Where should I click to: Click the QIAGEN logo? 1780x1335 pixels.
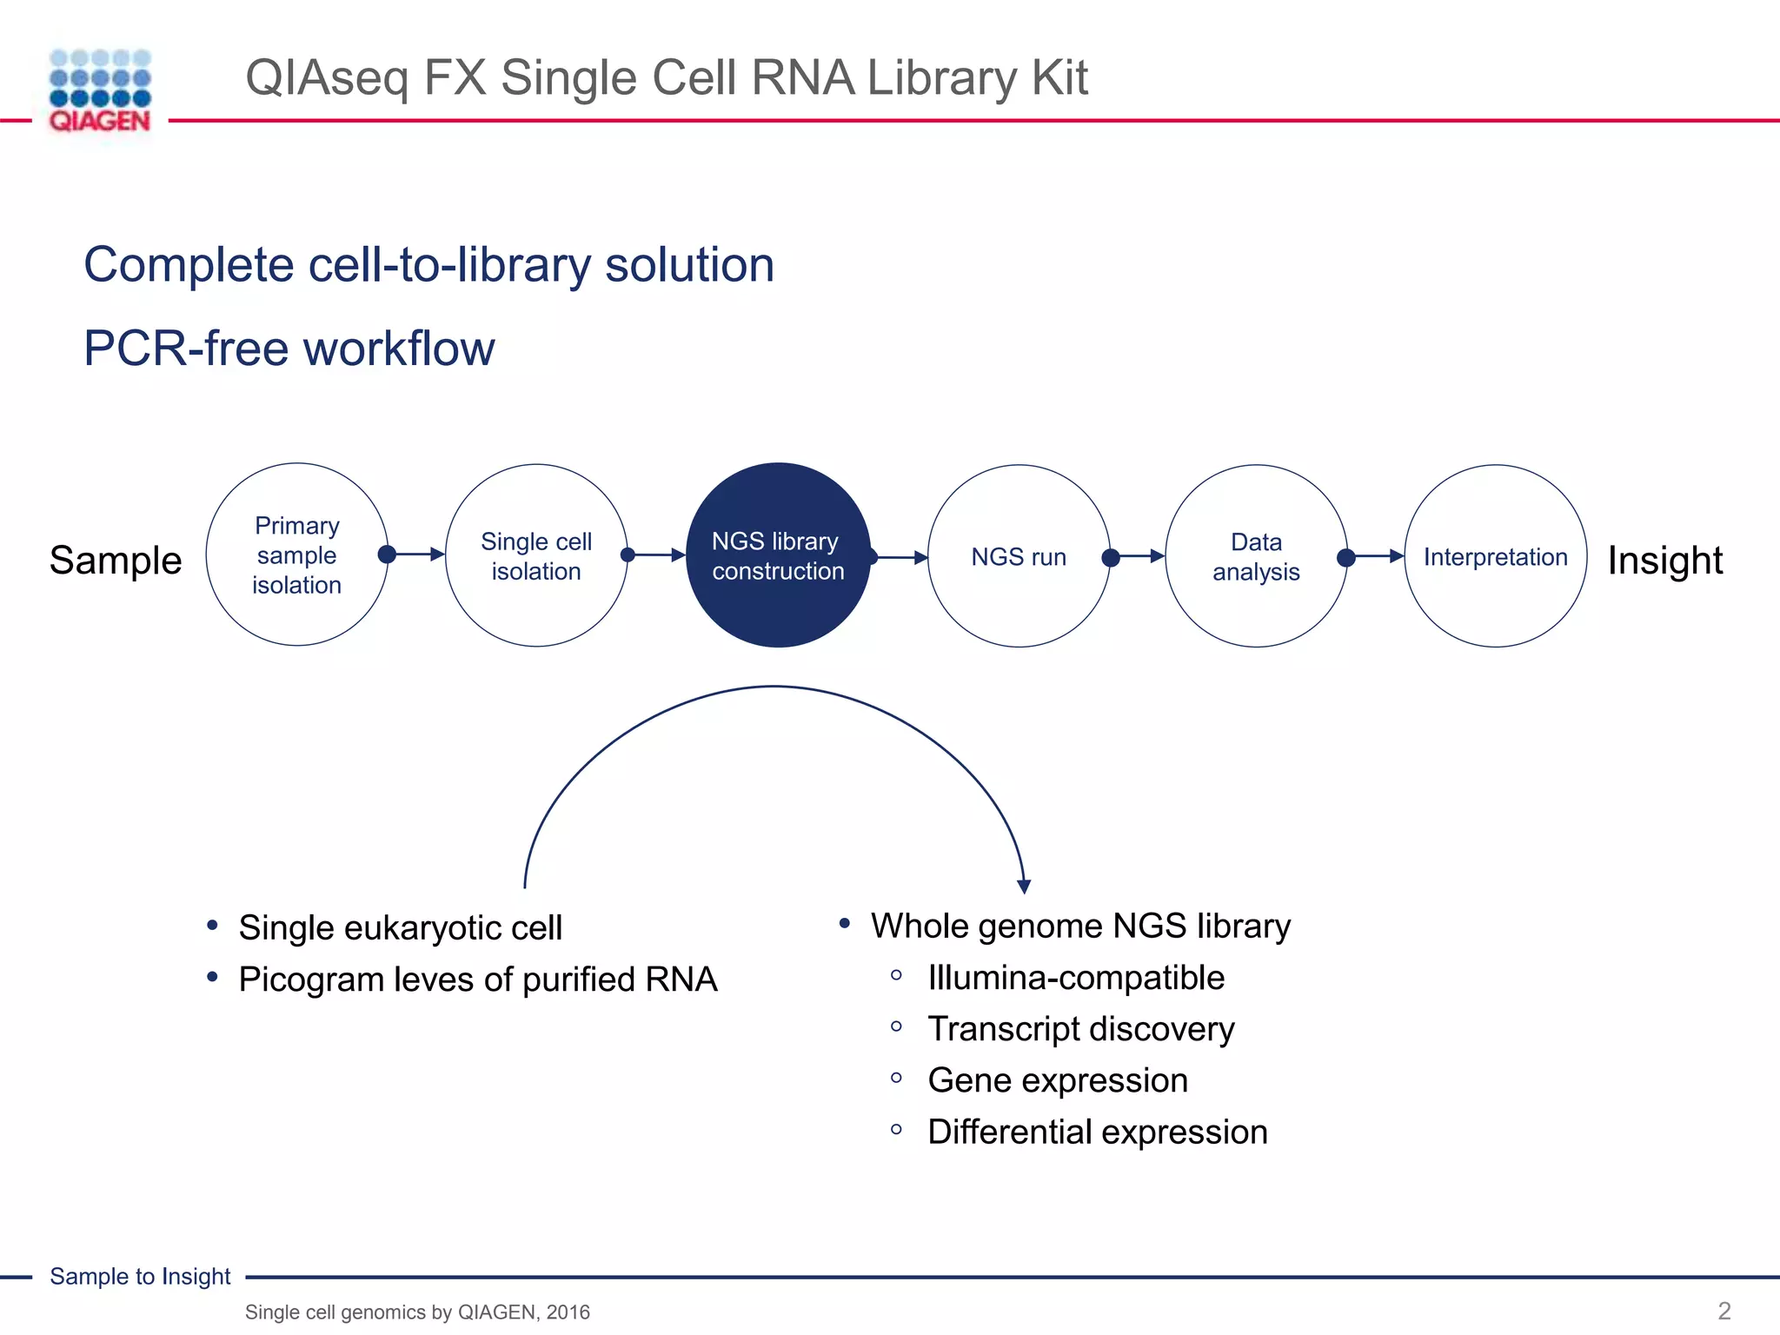click(x=100, y=91)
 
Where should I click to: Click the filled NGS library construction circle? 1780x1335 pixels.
click(x=778, y=555)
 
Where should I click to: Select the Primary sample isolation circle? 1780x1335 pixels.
click(x=297, y=555)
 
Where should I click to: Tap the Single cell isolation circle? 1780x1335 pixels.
click(x=536, y=555)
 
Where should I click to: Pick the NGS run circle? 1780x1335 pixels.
click(x=1019, y=556)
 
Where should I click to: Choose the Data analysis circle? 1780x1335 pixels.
click(x=1256, y=556)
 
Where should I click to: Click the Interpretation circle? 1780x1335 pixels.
click(x=1495, y=556)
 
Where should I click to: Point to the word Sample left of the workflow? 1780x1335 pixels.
click(x=116, y=560)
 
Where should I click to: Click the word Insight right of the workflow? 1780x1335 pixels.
click(x=1664, y=560)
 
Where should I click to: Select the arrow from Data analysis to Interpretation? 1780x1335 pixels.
click(x=1375, y=556)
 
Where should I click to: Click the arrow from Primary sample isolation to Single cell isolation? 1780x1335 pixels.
click(x=416, y=554)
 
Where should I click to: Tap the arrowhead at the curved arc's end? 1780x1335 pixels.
click(x=1024, y=886)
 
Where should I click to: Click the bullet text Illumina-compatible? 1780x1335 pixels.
click(x=1075, y=978)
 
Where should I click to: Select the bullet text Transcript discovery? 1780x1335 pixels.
click(x=1080, y=1029)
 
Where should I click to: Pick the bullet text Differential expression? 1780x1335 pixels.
click(x=1097, y=1132)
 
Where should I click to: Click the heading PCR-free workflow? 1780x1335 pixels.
click(x=289, y=349)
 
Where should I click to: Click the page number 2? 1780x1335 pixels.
click(x=1724, y=1311)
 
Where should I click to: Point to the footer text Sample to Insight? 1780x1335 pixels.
click(x=140, y=1276)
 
